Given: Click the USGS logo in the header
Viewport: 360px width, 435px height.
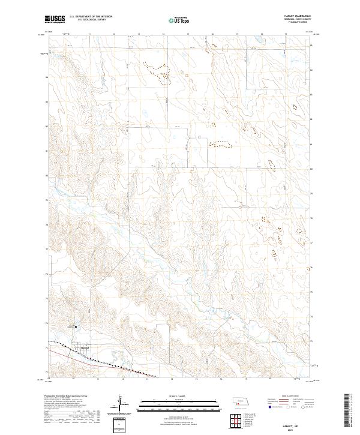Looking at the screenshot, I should click(55, 20).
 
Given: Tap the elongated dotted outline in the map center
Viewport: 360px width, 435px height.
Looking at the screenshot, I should click(219, 143).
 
